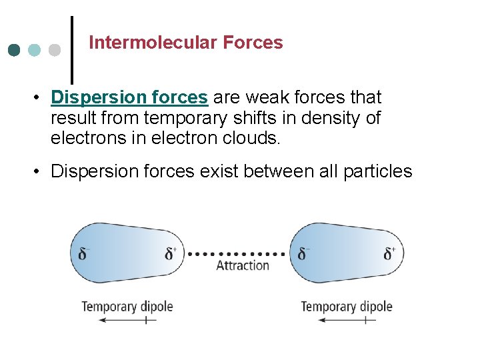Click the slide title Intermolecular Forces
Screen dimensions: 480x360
pos(185,43)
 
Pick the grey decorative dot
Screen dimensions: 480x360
pos(55,50)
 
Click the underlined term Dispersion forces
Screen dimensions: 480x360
pos(129,97)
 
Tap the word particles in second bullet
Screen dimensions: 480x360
pos(377,171)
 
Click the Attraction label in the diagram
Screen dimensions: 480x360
pos(243,265)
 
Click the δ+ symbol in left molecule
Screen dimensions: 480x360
pos(171,254)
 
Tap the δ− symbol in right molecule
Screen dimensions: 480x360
pos(303,254)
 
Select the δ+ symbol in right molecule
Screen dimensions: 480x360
pos(390,254)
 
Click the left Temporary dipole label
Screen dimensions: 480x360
pos(127,307)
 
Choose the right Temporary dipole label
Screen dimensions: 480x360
pos(347,307)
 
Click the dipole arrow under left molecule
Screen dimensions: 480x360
pos(127,321)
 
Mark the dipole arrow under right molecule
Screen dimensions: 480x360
pos(347,321)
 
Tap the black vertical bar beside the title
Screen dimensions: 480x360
pos(72,48)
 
